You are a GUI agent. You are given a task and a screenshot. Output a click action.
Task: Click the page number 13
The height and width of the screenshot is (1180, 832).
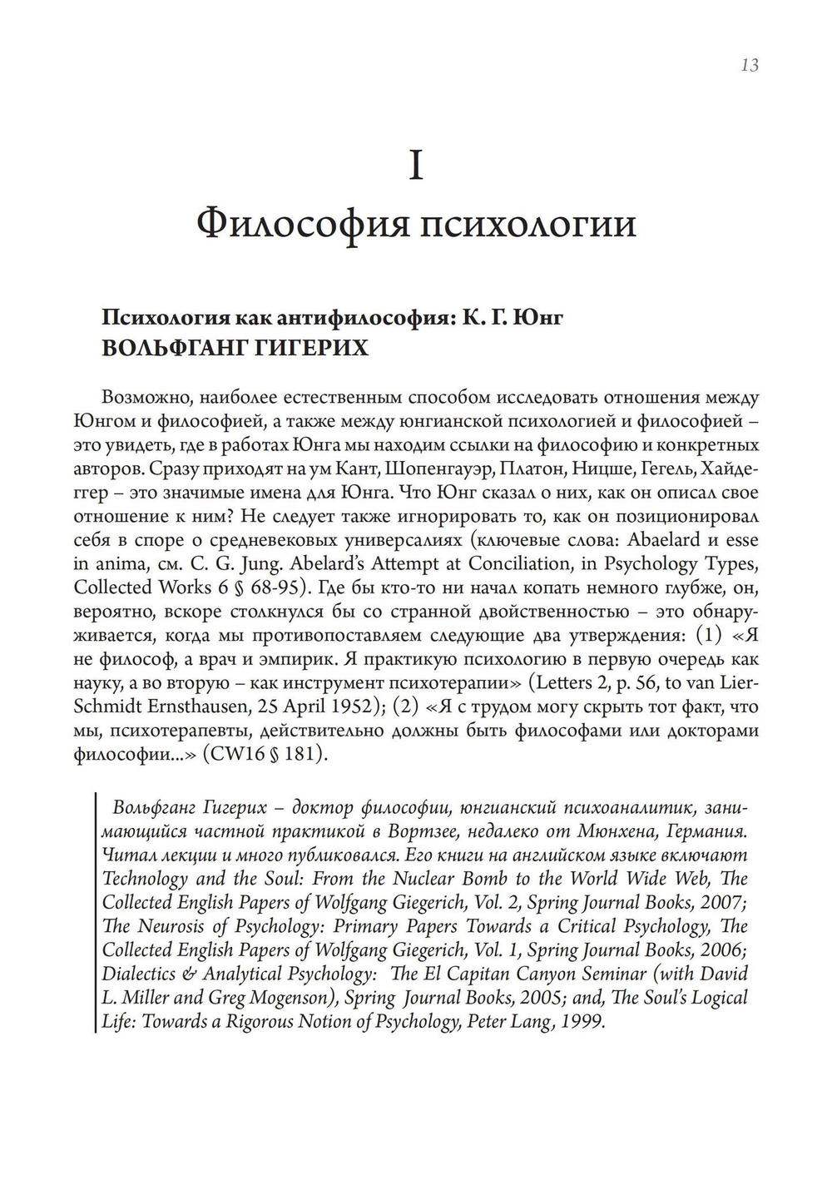[748, 65]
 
